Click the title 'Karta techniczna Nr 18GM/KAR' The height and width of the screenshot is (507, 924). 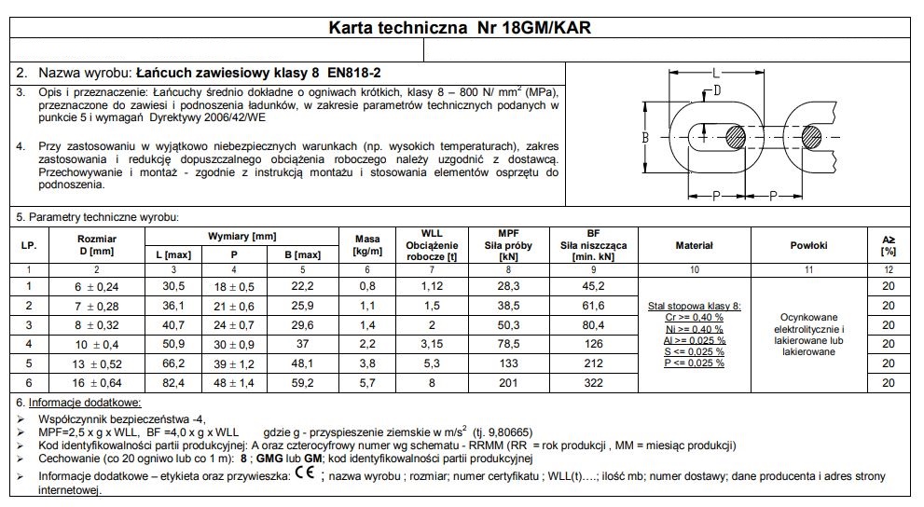461,28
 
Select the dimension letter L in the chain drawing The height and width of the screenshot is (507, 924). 716,72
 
